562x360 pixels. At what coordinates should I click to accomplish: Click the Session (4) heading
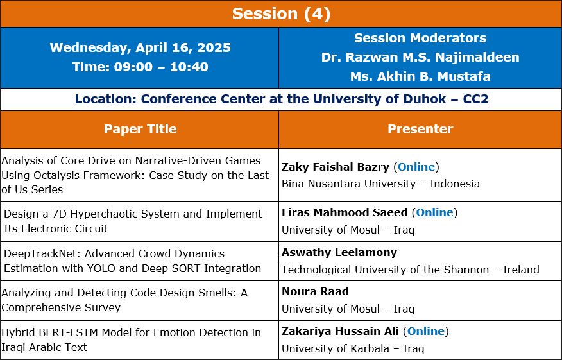click(281, 13)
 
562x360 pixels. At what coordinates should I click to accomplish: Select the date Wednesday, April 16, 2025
click(140, 47)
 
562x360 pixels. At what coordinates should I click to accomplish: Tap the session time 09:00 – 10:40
click(161, 67)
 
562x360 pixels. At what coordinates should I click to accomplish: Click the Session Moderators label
click(420, 38)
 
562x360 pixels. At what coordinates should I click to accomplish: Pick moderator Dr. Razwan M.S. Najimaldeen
click(420, 57)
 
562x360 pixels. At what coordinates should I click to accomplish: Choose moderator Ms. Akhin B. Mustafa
click(420, 76)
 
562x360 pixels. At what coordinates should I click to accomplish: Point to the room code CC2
click(475, 99)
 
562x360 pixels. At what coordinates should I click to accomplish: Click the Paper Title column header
click(140, 129)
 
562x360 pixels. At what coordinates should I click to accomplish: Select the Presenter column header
click(420, 129)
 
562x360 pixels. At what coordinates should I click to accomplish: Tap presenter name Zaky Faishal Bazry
click(336, 167)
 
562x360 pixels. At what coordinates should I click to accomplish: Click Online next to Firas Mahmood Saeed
click(434, 212)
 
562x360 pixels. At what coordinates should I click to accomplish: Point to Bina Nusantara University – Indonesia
click(380, 184)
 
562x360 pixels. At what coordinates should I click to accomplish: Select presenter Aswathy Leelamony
click(339, 252)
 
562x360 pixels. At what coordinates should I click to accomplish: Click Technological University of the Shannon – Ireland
click(411, 270)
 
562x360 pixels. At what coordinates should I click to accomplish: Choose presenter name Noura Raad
click(315, 291)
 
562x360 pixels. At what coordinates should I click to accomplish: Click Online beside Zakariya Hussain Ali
click(426, 331)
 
